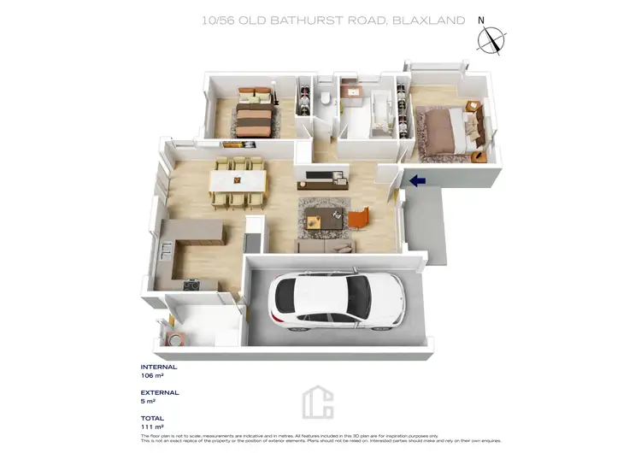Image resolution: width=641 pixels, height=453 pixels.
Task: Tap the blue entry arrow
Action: (x=418, y=180)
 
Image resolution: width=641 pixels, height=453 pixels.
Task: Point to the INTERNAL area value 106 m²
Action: (x=153, y=375)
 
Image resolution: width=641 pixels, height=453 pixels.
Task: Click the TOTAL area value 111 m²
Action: (x=152, y=426)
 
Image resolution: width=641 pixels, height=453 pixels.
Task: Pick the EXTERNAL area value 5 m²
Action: (x=148, y=401)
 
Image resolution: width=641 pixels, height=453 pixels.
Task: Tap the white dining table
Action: (x=238, y=182)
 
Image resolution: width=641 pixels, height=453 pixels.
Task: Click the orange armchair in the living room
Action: (x=359, y=219)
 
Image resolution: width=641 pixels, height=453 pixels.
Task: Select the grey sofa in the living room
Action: (x=326, y=246)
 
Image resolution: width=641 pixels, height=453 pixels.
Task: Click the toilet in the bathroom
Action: (x=326, y=101)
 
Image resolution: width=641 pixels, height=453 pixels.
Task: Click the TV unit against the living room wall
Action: (x=324, y=182)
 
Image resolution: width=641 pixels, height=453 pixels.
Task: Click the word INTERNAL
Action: (x=159, y=367)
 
